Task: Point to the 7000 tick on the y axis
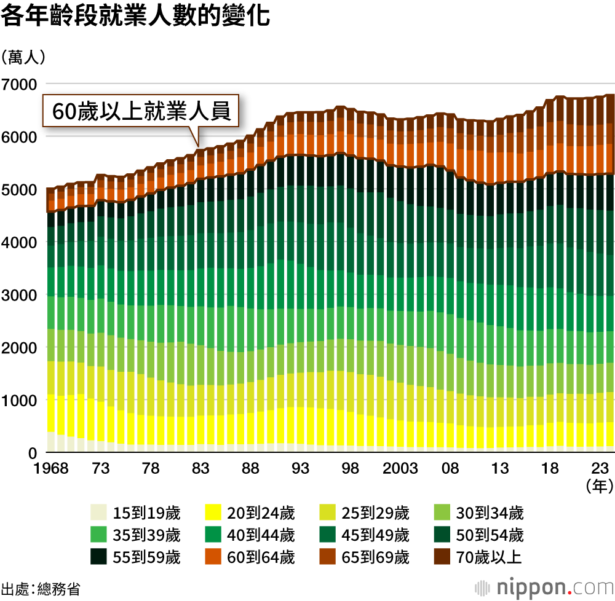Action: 20,84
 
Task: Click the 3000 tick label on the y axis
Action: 20,295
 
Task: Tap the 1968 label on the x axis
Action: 51,468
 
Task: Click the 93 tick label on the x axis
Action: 301,468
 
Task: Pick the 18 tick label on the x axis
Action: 550,468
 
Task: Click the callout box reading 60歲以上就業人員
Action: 141,112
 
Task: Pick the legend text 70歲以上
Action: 489,557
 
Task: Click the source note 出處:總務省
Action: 41,588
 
